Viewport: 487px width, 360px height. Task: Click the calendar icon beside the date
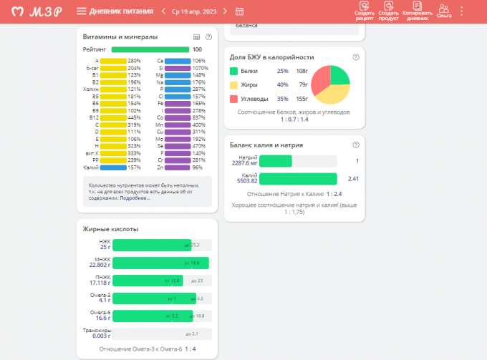point(239,11)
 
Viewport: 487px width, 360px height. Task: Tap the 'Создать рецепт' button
point(364,11)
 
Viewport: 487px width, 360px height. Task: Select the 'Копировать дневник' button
point(418,11)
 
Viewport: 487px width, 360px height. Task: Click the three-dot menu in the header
point(462,11)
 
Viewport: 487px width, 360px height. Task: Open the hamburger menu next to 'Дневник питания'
point(82,11)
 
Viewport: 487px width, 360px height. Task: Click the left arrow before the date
point(165,11)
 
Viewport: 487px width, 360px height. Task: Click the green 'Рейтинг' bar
point(150,49)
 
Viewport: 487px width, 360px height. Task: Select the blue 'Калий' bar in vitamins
point(113,167)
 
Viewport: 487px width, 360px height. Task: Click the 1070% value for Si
point(199,68)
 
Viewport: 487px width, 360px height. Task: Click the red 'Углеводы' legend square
point(233,98)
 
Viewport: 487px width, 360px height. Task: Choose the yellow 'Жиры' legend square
point(233,84)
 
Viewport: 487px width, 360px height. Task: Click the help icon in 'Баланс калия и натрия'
point(356,145)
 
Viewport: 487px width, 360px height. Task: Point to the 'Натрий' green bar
point(275,162)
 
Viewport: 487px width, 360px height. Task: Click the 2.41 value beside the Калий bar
point(352,179)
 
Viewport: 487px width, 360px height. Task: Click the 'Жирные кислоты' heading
point(110,229)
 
